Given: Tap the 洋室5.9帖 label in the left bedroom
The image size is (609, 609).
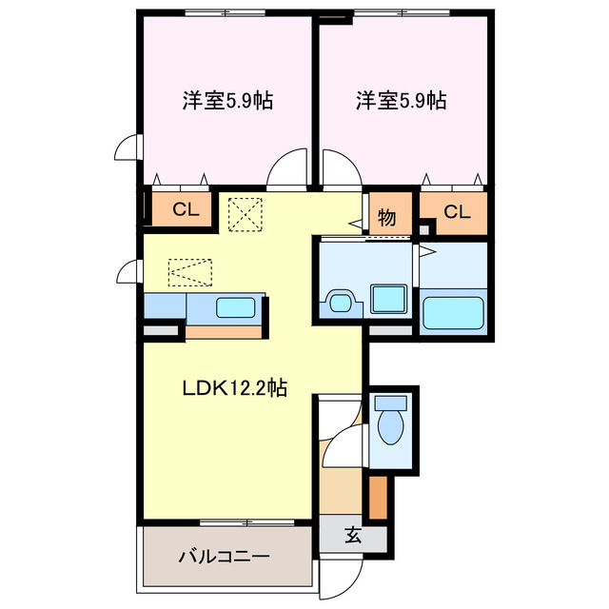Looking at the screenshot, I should click(227, 100).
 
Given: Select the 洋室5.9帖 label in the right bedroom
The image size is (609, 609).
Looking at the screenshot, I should click(402, 100).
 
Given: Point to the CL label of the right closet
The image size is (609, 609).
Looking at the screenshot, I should click(457, 211).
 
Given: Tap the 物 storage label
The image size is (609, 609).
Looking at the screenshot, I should click(387, 216).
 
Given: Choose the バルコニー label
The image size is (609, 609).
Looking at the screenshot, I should click(225, 556).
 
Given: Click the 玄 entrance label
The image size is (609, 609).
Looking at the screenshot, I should click(353, 536).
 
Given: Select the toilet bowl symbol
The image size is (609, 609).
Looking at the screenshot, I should click(390, 423).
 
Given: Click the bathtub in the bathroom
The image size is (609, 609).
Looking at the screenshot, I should click(453, 313).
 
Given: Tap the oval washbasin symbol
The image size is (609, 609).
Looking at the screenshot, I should click(339, 304).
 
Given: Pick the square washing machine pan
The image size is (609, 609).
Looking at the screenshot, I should click(388, 299).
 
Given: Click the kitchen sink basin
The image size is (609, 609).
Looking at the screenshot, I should click(235, 308).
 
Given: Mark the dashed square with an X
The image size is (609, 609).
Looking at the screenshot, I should click(246, 213).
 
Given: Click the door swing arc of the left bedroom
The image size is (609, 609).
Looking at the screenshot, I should click(287, 170).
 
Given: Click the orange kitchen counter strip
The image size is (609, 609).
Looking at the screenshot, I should click(224, 332).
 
